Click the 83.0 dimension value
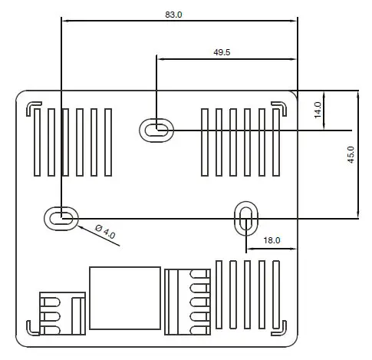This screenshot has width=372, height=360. click(174, 15)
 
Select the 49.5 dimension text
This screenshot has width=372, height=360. click(222, 51)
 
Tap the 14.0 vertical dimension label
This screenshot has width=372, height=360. click(317, 110)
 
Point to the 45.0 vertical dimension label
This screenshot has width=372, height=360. click(350, 155)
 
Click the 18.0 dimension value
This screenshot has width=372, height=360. click(272, 240)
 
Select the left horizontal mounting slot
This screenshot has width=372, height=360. click(60, 218)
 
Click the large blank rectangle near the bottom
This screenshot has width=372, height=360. click(125, 299)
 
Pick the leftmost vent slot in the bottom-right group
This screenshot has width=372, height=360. click(219, 296)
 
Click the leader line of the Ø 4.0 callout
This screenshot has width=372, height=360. click(88, 234)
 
